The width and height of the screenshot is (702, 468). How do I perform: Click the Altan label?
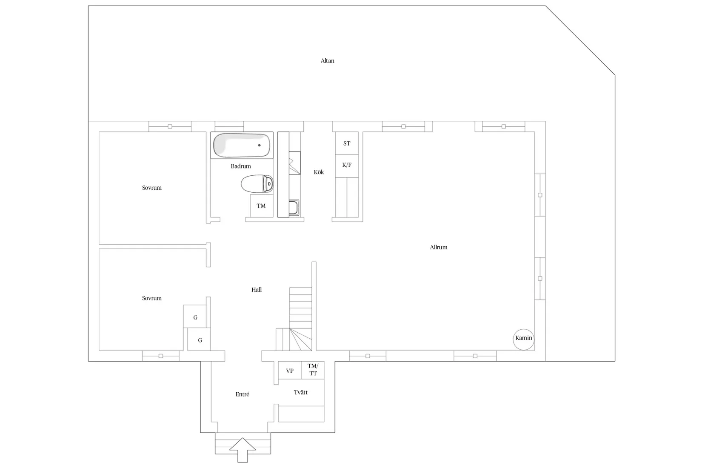pos(327,61)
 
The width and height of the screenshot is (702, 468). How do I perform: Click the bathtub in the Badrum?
pos(242,146)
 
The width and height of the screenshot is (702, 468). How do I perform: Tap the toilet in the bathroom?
pos(257,184)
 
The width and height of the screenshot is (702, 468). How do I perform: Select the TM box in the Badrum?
pos(261,206)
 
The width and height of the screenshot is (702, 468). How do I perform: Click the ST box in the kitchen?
pos(347,143)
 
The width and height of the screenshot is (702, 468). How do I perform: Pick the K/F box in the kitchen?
pos(347,165)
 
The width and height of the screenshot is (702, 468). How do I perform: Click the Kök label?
pos(319,172)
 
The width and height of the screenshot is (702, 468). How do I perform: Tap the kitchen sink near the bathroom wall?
pos(294,208)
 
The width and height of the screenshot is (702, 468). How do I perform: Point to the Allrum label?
pos(438,247)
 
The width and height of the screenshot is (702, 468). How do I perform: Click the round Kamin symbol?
pos(523,339)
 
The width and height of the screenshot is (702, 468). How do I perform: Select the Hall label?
pos(256,290)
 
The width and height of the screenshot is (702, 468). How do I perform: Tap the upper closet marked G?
pos(195,317)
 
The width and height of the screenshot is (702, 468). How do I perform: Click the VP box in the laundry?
pos(290,371)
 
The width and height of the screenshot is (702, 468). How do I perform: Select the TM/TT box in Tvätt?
pos(313,370)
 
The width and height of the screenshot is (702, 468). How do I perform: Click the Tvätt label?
pos(300,392)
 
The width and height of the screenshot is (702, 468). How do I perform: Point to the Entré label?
pos(242,394)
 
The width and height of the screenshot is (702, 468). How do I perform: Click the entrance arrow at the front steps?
pos(243,449)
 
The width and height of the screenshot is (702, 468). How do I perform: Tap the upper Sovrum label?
pos(152,188)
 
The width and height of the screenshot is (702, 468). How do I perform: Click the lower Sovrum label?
pos(152,298)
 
